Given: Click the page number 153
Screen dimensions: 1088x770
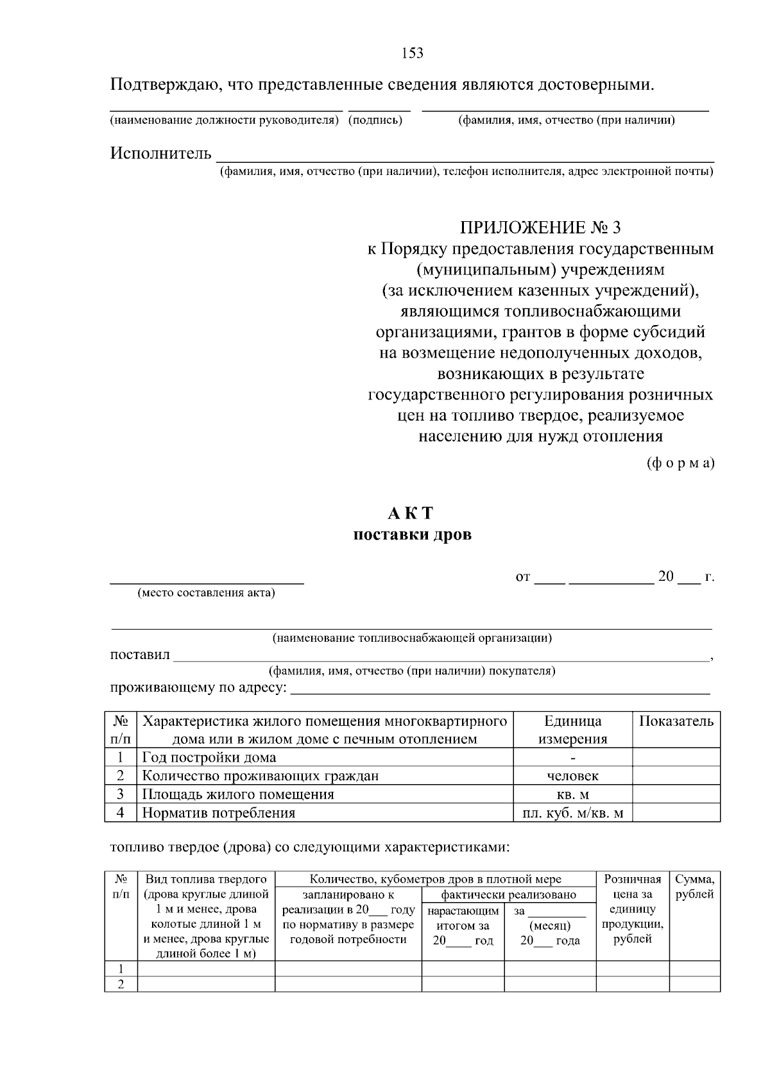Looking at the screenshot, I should click(x=412, y=53).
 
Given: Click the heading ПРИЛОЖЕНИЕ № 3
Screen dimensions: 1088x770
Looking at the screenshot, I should click(x=540, y=228).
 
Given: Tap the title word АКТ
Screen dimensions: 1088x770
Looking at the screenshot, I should click(x=411, y=514).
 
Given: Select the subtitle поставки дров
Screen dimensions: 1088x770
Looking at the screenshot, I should click(x=412, y=535).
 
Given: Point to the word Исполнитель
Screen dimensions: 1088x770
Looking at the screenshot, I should click(x=160, y=153).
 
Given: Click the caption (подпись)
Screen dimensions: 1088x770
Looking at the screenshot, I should click(x=375, y=121).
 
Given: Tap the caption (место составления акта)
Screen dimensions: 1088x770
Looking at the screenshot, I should click(x=206, y=593).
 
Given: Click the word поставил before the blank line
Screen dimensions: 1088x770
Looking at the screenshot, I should click(x=140, y=655).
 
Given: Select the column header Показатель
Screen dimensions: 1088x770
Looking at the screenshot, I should click(x=676, y=721).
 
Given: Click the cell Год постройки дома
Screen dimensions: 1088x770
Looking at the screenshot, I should click(x=209, y=758).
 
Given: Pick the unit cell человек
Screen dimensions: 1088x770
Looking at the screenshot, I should click(x=572, y=776).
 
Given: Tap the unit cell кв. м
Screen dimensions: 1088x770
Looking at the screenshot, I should click(x=572, y=794).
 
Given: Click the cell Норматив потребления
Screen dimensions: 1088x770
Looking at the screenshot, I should click(x=218, y=813).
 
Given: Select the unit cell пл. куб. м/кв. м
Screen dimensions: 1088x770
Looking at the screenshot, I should click(x=572, y=813).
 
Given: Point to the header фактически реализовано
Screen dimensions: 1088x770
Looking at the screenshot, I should click(x=508, y=894).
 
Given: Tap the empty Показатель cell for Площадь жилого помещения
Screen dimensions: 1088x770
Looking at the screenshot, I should click(x=676, y=794).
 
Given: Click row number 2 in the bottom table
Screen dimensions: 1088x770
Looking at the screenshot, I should click(x=121, y=984).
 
